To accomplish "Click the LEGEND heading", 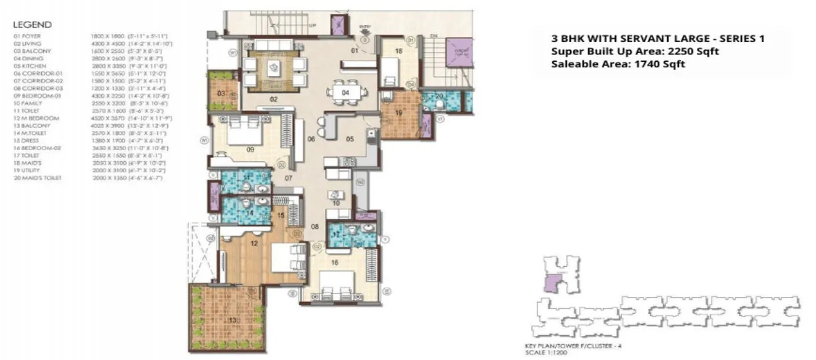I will tap(32, 25).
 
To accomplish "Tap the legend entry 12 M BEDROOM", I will tap(36, 118).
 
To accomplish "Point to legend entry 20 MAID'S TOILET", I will tap(37, 178).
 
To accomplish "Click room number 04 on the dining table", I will tap(346, 93).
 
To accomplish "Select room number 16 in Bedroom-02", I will tap(335, 262).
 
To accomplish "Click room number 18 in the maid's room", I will tap(399, 51).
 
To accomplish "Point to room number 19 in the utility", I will tap(399, 113).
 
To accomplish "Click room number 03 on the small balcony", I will tap(221, 93).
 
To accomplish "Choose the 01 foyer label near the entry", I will tap(355, 51).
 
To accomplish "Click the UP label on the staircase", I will tap(312, 26).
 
